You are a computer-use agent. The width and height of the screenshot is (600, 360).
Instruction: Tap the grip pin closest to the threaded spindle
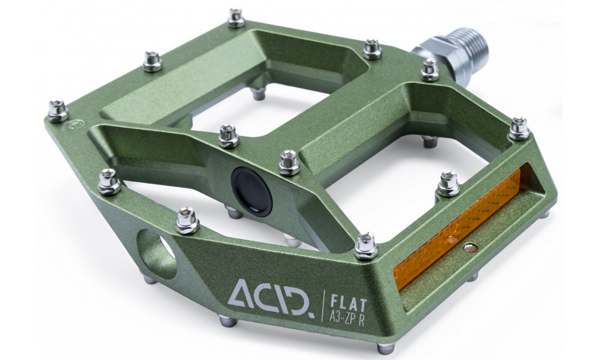430,69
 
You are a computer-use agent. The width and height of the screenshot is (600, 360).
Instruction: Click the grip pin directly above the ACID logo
187,220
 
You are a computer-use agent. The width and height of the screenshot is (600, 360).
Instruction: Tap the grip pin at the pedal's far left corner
58,110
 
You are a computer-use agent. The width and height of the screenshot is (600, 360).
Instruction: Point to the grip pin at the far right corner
518,128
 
